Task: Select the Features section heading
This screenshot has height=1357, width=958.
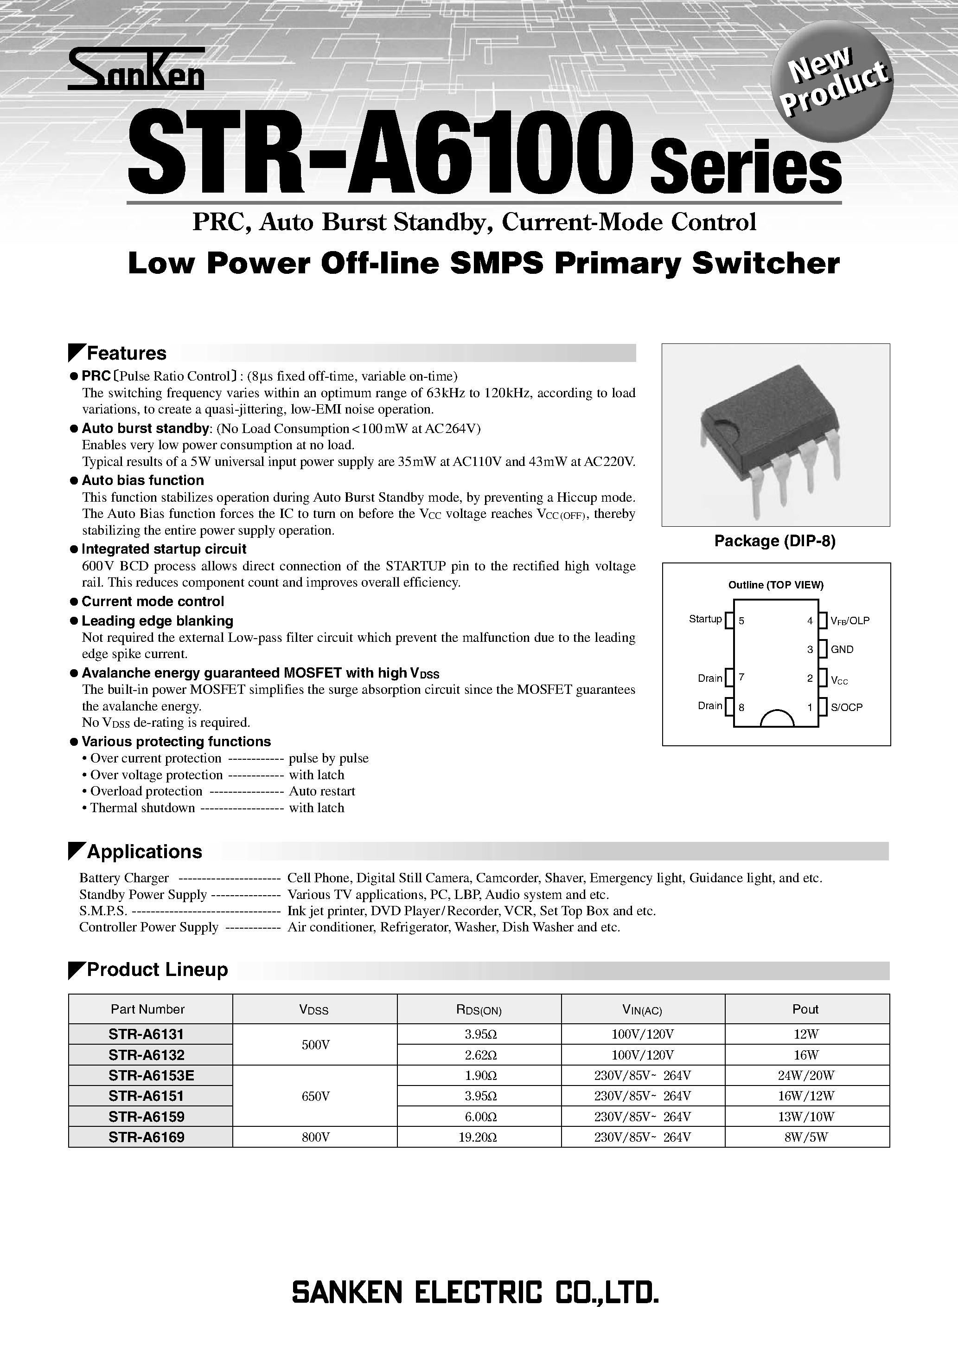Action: pyautogui.click(x=127, y=354)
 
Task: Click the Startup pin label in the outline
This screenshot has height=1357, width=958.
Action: pyautogui.click(x=705, y=619)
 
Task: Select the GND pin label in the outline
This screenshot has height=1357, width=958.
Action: pyautogui.click(x=842, y=650)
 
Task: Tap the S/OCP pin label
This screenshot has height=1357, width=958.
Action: pyautogui.click(x=846, y=707)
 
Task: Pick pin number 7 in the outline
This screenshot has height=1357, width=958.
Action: pyautogui.click(x=741, y=677)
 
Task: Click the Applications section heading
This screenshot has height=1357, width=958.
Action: pyautogui.click(x=144, y=852)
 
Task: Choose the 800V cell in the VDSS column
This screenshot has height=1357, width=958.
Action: pyautogui.click(x=315, y=1137)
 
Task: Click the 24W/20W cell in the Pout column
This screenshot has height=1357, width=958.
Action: pyautogui.click(x=806, y=1076)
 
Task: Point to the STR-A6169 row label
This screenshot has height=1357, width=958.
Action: pyautogui.click(x=147, y=1137)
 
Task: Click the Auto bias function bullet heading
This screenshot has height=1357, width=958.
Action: pyautogui.click(x=143, y=480)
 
